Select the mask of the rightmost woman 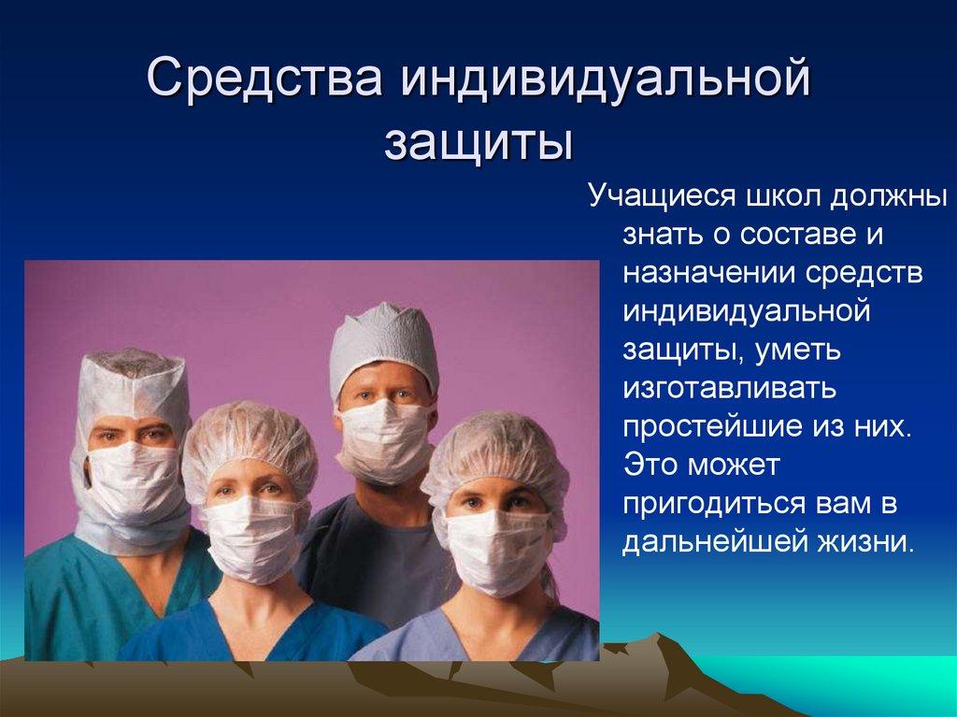click(496, 551)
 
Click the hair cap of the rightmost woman click(496, 449)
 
